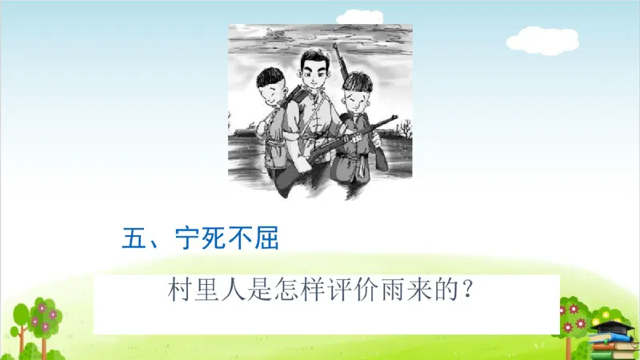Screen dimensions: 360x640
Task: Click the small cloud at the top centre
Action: click(x=359, y=15)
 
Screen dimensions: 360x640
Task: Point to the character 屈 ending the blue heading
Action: click(x=267, y=238)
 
